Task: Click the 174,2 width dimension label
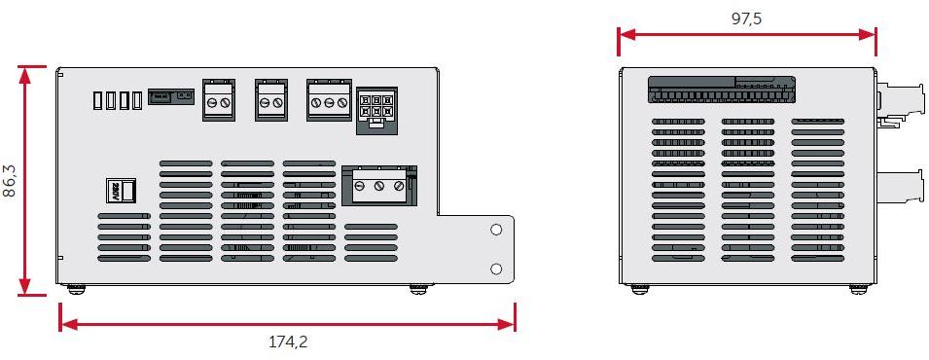coord(288,342)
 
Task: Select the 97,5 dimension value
coord(746,18)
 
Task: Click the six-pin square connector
coord(376,105)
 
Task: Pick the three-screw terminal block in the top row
coord(329,100)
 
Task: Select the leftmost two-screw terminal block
coord(218,100)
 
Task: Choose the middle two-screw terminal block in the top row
coord(271,100)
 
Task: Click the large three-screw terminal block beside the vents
coord(379,185)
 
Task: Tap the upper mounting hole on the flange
coord(496,230)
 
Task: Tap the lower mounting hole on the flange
coord(496,268)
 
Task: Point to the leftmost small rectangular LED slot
coord(97,99)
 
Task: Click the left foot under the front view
coord(74,288)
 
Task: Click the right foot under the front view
coord(417,288)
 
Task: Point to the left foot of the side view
coord(637,288)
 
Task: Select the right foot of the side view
coord(857,288)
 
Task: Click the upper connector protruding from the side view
coord(897,102)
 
